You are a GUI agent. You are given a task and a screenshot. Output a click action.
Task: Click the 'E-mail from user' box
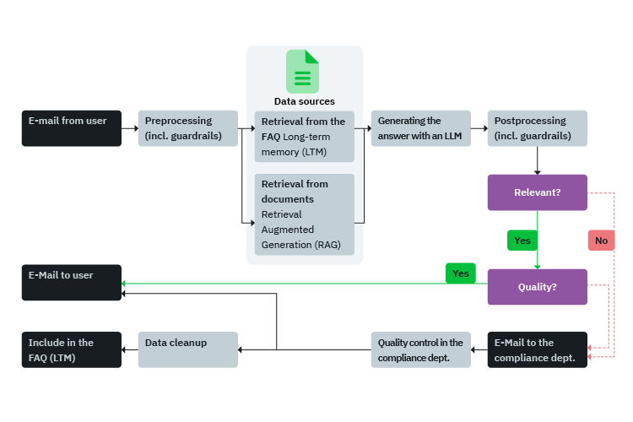tap(71, 128)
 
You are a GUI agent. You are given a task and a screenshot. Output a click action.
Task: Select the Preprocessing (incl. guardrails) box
tap(187, 128)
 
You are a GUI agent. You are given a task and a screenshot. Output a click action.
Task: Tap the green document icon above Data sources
tap(303, 71)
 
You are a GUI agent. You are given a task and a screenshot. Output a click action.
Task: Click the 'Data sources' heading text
tap(304, 101)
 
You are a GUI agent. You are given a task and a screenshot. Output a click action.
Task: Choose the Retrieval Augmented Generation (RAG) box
tap(304, 214)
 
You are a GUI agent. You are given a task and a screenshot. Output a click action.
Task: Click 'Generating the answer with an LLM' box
tap(419, 128)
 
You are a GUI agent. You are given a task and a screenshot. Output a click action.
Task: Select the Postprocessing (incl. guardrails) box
tap(537, 128)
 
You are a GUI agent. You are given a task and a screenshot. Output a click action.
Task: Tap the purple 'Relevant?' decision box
tap(537, 192)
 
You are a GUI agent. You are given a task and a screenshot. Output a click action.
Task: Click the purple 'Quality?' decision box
tap(537, 287)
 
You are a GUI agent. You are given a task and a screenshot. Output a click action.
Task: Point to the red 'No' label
tap(601, 241)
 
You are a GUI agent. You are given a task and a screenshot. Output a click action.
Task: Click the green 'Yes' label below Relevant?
tap(522, 241)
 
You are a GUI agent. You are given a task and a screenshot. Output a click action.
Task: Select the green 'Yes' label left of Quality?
tap(460, 273)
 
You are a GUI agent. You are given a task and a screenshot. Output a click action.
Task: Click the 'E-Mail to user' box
tap(71, 283)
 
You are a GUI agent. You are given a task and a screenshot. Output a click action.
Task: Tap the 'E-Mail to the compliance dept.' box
tap(537, 349)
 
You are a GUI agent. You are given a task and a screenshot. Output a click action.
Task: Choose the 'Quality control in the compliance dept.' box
tap(420, 349)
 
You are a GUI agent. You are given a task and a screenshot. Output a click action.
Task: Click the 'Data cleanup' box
tap(187, 349)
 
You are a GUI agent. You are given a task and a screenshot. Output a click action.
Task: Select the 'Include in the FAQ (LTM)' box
tap(71, 349)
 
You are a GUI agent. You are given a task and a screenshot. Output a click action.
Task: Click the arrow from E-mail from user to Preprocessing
tap(129, 129)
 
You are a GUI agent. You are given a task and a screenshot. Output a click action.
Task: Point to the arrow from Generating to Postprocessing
tap(479, 129)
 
